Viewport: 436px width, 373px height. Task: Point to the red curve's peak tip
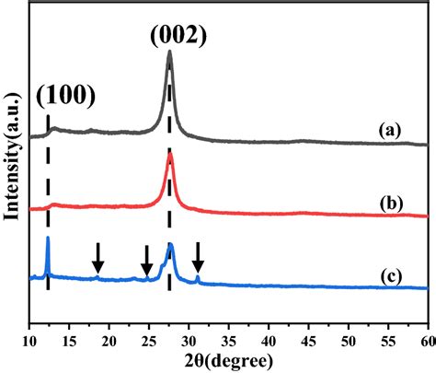pos(170,153)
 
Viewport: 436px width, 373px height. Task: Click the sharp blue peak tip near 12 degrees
pos(47,238)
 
